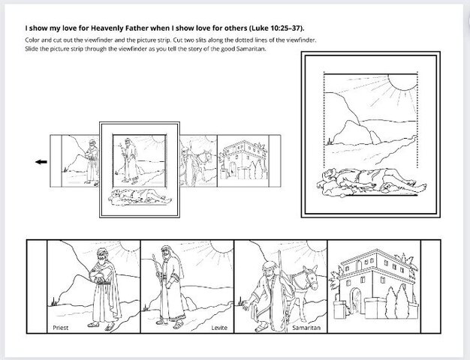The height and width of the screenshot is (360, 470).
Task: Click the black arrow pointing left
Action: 41,162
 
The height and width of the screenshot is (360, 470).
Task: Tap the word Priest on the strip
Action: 61,328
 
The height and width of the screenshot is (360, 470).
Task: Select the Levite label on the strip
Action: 219,328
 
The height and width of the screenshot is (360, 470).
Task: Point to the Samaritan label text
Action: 306,328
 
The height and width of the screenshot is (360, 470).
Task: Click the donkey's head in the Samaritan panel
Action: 310,277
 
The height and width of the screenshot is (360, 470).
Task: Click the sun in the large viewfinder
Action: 402,82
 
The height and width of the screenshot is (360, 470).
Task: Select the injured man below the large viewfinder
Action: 372,183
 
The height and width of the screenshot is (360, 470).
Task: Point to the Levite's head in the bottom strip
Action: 166,253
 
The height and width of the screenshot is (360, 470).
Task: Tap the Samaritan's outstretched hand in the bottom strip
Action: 246,305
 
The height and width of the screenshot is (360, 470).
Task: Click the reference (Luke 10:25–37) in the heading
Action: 276,28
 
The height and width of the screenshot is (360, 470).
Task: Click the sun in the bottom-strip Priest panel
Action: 130,245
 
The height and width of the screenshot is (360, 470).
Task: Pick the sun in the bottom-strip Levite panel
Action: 222,246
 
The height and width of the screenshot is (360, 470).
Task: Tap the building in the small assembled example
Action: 243,160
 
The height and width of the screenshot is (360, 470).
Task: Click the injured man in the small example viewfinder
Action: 140,196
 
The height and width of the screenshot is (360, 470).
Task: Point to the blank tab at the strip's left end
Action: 37,286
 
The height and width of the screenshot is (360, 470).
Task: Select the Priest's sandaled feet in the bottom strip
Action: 101,325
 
